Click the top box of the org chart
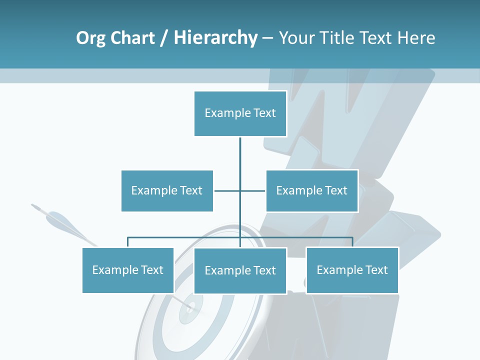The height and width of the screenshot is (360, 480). [x=240, y=113]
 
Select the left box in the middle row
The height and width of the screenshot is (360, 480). [x=167, y=190]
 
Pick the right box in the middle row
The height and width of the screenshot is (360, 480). [x=311, y=190]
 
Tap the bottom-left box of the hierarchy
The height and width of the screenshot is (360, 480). [x=128, y=270]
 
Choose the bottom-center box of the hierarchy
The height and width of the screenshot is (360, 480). [x=240, y=270]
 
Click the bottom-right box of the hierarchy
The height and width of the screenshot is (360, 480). [x=352, y=270]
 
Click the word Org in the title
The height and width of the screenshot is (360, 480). [x=90, y=38]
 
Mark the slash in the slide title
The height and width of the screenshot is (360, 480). [x=163, y=38]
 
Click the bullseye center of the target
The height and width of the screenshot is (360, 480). [x=190, y=306]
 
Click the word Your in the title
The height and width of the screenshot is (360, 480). [x=297, y=38]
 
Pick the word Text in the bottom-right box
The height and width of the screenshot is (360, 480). [x=376, y=270]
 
